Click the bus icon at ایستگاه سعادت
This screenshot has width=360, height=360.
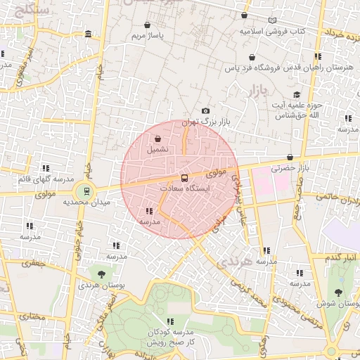coord(184,178)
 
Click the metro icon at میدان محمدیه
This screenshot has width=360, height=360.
coord(86,190)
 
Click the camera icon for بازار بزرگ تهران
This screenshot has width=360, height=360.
coord(205,111)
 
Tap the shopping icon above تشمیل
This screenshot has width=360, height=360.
coord(157,139)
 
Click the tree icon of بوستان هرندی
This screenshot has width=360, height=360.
coord(102,274)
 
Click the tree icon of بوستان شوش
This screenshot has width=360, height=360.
coord(340,292)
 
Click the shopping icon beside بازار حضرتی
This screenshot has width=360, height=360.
coord(290,157)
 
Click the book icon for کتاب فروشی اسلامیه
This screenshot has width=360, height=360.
coord(272,21)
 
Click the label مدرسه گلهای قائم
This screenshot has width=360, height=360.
coord(46,180)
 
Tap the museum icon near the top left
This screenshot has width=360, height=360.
coord(87,34)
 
